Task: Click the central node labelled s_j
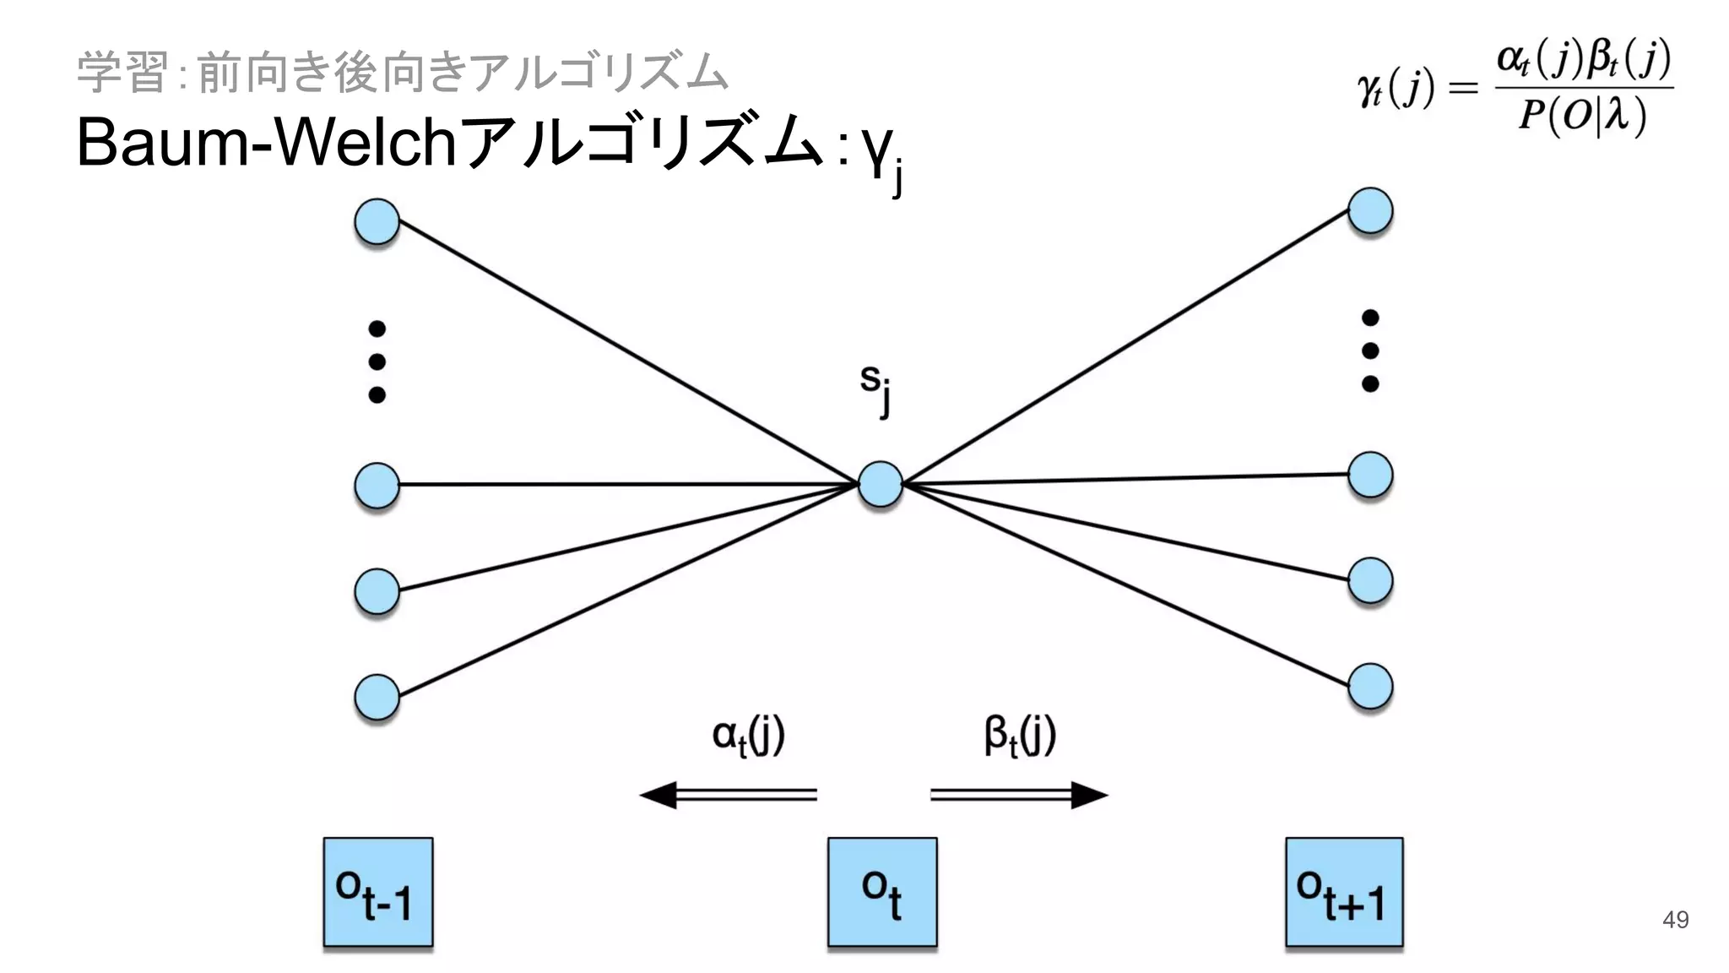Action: coord(880,484)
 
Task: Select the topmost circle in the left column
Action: coord(377,221)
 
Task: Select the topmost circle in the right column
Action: coord(1369,210)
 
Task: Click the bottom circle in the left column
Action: coord(377,697)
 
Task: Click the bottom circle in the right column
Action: coord(1369,686)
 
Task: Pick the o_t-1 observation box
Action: coord(377,892)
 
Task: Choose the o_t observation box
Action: coord(881,892)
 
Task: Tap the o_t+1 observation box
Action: coord(1343,892)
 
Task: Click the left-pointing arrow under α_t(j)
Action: coord(728,795)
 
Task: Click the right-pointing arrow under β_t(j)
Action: coord(1019,795)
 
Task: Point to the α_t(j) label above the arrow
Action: coord(748,737)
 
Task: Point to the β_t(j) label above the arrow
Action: coord(1020,737)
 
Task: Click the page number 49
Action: coord(1675,920)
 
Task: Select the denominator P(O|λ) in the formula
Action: coord(1582,115)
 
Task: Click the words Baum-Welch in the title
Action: coord(266,143)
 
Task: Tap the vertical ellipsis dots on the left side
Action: coord(377,361)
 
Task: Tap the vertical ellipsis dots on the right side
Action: coord(1370,351)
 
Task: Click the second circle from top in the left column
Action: coord(377,485)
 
